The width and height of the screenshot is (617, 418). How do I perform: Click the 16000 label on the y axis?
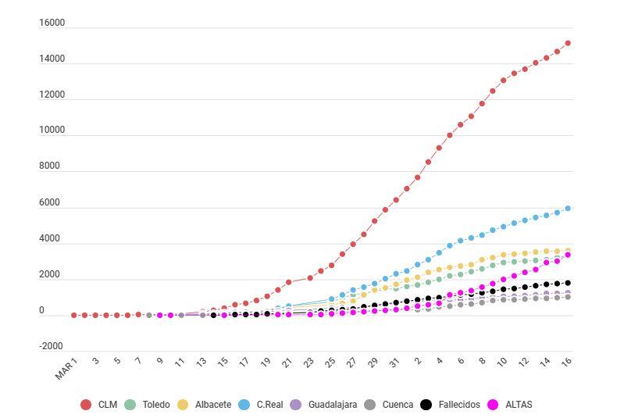click(52, 23)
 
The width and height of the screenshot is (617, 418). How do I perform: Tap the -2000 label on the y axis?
click(51, 346)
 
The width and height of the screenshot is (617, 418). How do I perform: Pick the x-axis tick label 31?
click(394, 362)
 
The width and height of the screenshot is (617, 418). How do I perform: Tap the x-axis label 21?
click(287, 362)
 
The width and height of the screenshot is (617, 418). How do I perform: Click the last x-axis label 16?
click(565, 362)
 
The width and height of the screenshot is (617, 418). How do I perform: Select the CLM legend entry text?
click(108, 405)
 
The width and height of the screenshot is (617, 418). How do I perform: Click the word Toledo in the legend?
click(156, 405)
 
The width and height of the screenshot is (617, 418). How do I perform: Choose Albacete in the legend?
click(212, 405)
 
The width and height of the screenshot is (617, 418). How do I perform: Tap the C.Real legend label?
click(269, 405)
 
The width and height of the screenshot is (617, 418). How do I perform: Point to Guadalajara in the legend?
click(333, 405)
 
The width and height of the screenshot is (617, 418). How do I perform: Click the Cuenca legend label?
click(398, 405)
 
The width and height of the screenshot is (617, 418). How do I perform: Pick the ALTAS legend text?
click(519, 405)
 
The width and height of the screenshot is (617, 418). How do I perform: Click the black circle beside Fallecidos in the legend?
click(426, 405)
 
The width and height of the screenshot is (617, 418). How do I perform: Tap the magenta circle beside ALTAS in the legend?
click(493, 405)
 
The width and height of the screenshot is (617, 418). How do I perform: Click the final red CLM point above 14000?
click(568, 43)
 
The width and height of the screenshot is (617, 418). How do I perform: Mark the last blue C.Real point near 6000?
click(568, 209)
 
